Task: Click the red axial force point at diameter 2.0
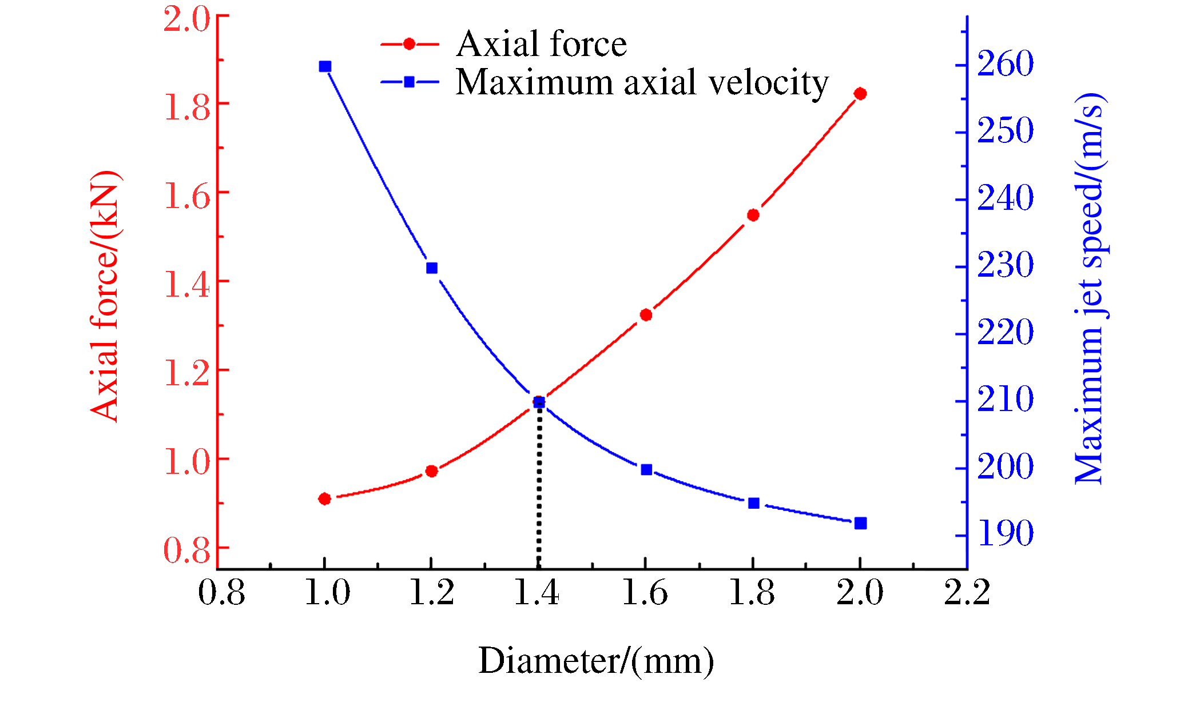860,94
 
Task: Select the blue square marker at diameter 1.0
325,67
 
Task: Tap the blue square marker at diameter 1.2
432,268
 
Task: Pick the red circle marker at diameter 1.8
753,215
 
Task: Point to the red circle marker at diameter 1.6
646,315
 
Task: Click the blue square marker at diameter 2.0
860,523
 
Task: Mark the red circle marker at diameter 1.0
324,499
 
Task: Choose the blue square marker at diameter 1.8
753,503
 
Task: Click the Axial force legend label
541,44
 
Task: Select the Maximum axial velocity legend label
642,82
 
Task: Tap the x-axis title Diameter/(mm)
595,661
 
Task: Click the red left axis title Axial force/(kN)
105,296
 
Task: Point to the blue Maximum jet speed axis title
1090,288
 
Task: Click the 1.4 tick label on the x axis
537,592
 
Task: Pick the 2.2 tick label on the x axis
967,592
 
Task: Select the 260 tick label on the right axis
1005,63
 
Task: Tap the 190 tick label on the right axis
1005,533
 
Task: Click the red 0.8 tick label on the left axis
187,551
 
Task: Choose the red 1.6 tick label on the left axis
187,196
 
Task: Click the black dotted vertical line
539,486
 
